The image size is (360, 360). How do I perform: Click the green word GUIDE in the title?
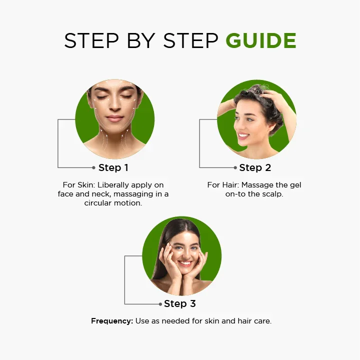[261, 40]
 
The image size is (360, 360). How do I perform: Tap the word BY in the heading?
[141, 40]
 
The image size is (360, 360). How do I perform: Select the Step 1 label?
[113, 167]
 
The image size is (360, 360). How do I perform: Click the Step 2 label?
[255, 167]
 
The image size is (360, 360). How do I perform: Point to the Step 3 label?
[180, 303]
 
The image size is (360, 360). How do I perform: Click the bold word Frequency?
[112, 321]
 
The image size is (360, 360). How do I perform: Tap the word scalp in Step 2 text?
[272, 194]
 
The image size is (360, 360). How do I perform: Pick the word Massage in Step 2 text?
[256, 185]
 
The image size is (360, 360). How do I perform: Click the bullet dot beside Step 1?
[93, 167]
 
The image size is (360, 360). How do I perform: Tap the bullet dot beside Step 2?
[235, 167]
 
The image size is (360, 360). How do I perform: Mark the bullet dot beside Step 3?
[160, 304]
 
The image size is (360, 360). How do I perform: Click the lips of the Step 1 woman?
[114, 118]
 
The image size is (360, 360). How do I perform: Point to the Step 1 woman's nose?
[114, 105]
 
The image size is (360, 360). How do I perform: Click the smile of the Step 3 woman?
[185, 263]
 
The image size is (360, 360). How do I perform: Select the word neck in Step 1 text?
[101, 194]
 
